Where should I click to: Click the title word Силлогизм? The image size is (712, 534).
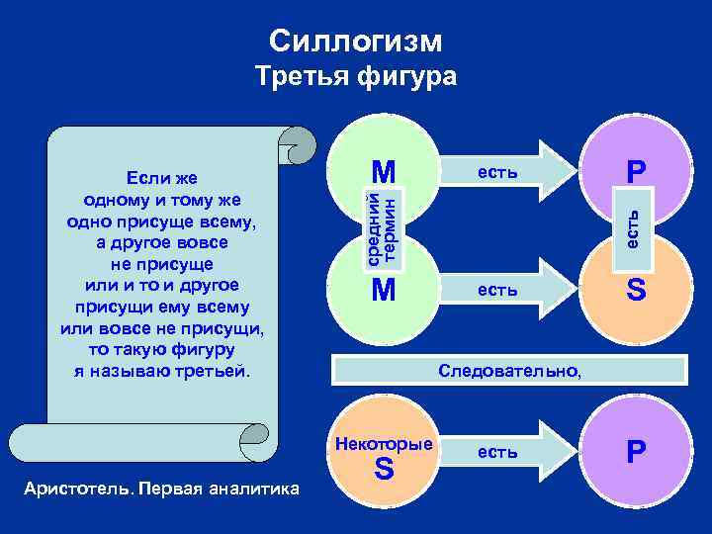[356, 41]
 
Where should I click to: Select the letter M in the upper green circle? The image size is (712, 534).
[384, 172]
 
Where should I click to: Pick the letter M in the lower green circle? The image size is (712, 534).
[384, 291]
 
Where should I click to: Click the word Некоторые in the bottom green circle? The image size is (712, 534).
[384, 443]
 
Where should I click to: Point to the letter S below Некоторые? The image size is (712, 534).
[384, 471]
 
